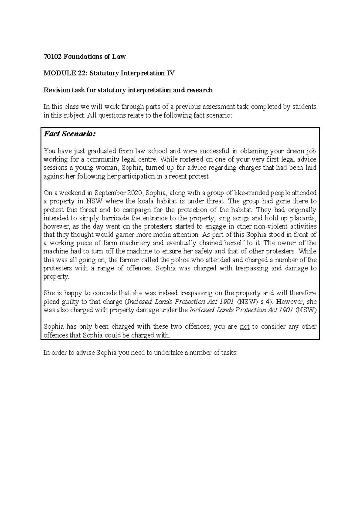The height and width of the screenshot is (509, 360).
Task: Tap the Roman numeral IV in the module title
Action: tap(170, 73)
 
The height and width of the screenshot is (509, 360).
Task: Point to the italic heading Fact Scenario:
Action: tap(69, 134)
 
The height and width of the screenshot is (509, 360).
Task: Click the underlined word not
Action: tap(245, 327)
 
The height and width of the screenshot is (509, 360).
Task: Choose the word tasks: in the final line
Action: tap(229, 353)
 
